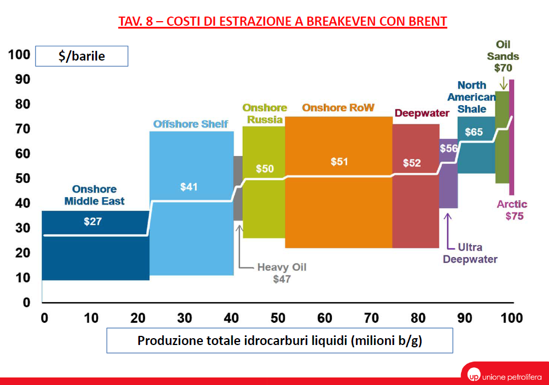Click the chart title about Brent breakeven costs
(282, 22)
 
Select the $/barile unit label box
(82, 57)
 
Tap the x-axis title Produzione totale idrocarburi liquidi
(279, 340)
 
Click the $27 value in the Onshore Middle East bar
(92, 222)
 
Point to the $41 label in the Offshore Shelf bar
(189, 187)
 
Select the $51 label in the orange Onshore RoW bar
(339, 162)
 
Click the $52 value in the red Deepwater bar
(411, 163)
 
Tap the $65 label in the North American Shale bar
(474, 132)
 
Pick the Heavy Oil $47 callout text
(281, 273)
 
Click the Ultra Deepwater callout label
(470, 253)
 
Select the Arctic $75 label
(512, 210)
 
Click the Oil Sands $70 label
(503, 57)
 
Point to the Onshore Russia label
(265, 114)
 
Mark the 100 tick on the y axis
(18, 55)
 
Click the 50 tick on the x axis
(279, 318)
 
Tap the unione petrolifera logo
(503, 375)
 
